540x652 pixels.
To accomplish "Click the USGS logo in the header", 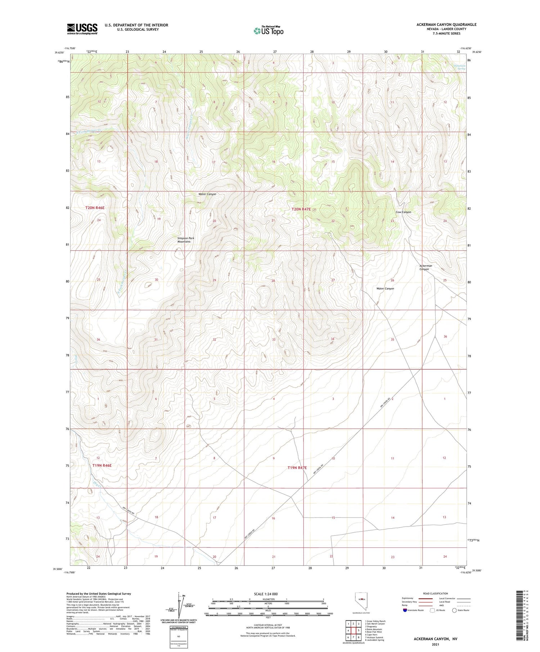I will point(82,28).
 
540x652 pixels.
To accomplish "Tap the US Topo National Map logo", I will point(269,30).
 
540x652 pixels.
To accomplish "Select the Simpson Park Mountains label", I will point(184,240).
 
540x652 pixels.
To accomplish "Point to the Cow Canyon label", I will point(403,212).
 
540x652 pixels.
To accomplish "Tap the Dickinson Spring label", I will point(459,67).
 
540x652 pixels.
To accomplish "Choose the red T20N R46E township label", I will point(95,208).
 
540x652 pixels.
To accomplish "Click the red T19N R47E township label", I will point(297,468).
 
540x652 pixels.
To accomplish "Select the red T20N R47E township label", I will point(301,209).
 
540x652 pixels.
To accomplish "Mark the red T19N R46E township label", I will point(102,465).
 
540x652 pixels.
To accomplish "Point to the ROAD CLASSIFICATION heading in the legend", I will point(436,593).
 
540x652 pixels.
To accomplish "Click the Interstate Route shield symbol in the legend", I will point(405,610).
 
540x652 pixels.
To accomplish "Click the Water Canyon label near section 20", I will point(207,194).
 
